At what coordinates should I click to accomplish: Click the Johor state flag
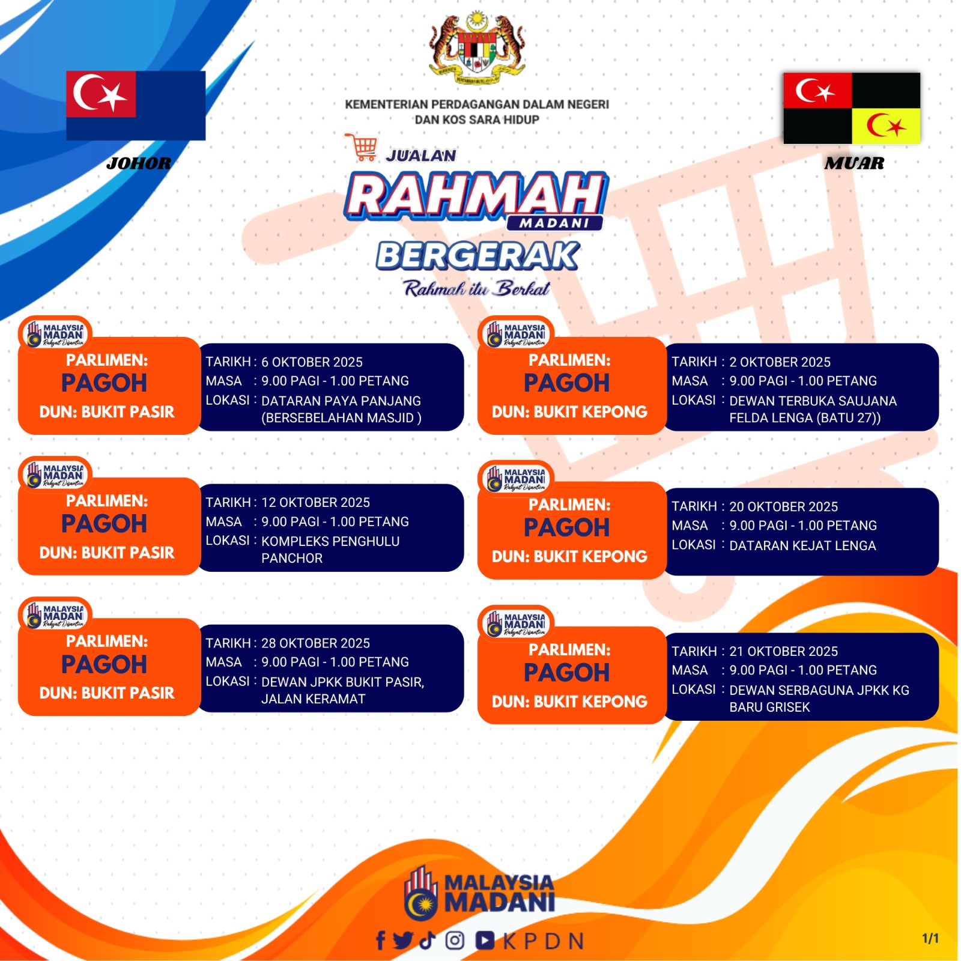pos(136,106)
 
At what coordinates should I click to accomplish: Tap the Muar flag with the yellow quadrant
pos(852,108)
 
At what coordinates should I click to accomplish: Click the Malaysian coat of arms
pos(477,47)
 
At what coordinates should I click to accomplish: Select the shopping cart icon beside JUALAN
pos(362,148)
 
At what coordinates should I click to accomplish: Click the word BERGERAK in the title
pos(478,256)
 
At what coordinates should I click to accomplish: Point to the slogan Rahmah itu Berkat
pos(477,289)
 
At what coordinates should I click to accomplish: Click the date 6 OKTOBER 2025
pos(312,362)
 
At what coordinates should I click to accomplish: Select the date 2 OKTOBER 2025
pos(780,362)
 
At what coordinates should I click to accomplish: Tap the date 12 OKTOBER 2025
pos(315,503)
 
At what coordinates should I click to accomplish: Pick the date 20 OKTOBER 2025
pos(783,507)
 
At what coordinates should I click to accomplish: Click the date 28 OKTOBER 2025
pos(315,643)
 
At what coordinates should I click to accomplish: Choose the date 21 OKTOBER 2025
pos(783,652)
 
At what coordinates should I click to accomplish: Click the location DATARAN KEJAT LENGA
pos(802,546)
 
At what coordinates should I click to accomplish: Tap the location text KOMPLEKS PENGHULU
pos(330,542)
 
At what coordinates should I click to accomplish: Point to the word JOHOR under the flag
pos(139,163)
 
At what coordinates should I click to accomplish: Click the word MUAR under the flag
pos(854,163)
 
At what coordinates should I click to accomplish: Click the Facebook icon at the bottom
pos(380,941)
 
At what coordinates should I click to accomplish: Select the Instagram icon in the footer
pos(455,940)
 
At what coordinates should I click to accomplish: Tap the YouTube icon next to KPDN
pos(485,941)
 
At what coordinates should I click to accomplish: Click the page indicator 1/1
pos(930,938)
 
